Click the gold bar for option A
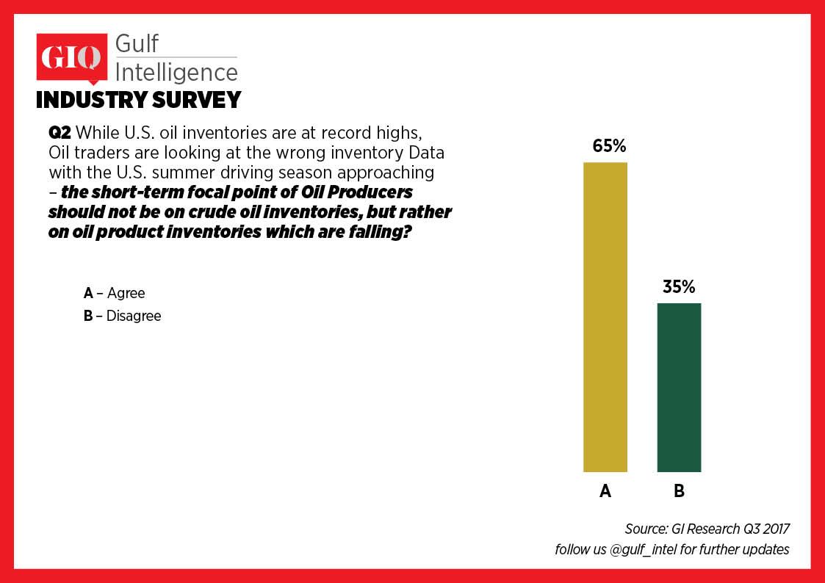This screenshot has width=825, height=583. pyautogui.click(x=605, y=316)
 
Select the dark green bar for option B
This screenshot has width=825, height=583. pyautogui.click(x=679, y=387)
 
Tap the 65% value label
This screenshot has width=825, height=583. pyautogui.click(x=609, y=146)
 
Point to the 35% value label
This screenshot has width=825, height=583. pyautogui.click(x=679, y=287)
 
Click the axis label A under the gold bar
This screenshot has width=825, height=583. pyautogui.click(x=605, y=491)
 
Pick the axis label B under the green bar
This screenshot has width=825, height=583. pyautogui.click(x=679, y=491)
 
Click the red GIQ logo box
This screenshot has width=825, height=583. pyautogui.click(x=71, y=58)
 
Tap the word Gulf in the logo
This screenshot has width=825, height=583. pyautogui.click(x=137, y=43)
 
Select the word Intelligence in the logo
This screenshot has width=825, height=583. pyautogui.click(x=176, y=72)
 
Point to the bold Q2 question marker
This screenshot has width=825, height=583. pyautogui.click(x=60, y=134)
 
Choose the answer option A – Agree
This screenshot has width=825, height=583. pyautogui.click(x=115, y=293)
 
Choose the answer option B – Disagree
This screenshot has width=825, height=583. pyautogui.click(x=123, y=316)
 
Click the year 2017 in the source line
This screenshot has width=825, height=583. pyautogui.click(x=773, y=529)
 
